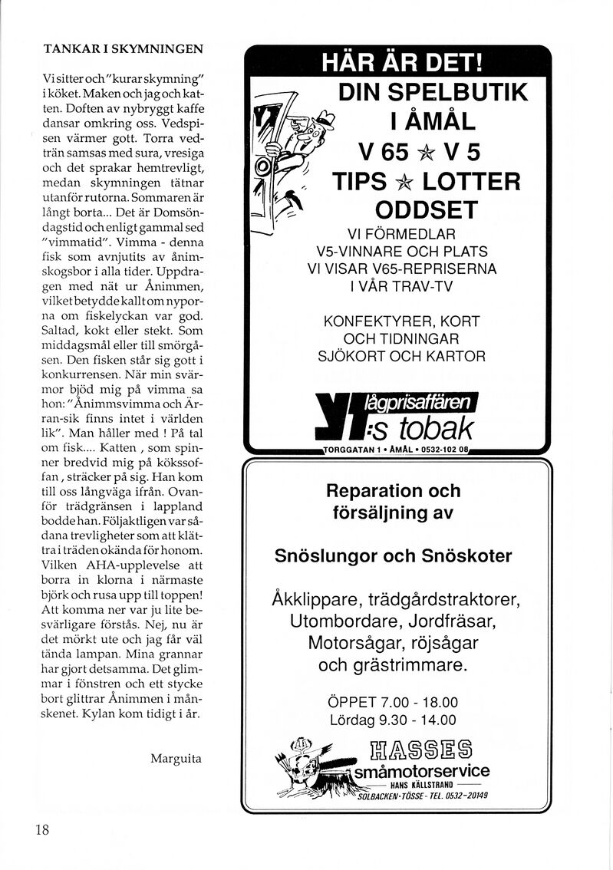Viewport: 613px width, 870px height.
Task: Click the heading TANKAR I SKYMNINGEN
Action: pos(123,48)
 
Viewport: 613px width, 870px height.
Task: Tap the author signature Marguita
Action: pos(176,759)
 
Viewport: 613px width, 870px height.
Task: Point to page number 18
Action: pos(42,830)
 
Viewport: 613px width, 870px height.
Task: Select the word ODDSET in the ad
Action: pos(426,209)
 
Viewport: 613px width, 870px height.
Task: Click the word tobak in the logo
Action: pos(433,427)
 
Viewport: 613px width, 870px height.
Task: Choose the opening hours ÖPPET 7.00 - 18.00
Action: pos(392,702)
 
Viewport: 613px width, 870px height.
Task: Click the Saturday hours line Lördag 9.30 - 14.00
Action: pos(392,720)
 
